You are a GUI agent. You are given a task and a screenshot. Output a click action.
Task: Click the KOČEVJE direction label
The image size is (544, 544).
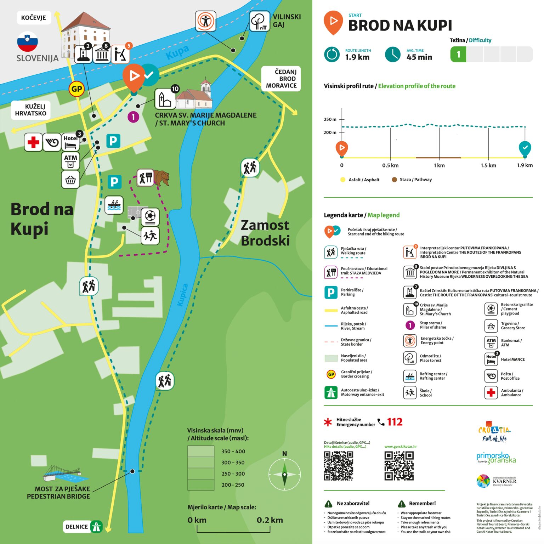[34, 18]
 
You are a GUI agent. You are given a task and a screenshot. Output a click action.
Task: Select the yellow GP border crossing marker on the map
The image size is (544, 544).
[76, 89]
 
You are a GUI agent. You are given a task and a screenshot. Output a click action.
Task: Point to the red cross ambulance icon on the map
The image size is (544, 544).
[33, 142]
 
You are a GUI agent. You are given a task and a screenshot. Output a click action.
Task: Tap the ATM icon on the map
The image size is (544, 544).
[70, 160]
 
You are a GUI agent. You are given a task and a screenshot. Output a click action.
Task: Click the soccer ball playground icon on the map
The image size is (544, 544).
[150, 216]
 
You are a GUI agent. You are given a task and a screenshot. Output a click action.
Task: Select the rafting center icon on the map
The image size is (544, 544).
[114, 205]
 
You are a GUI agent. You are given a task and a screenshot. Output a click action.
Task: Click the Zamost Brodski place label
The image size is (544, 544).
[265, 233]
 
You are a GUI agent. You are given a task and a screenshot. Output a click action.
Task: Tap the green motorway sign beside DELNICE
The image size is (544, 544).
[96, 527]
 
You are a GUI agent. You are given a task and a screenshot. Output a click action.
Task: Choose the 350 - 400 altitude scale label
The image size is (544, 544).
[233, 451]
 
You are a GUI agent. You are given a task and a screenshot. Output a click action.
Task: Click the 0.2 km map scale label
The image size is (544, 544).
[270, 520]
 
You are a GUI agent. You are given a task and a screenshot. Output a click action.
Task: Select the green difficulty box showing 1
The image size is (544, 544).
[458, 54]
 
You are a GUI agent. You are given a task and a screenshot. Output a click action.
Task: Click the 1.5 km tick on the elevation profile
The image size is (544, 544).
[488, 165]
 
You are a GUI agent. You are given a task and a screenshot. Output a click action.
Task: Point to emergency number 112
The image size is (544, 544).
[395, 422]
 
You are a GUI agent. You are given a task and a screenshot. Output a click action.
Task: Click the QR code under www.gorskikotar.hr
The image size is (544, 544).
[399, 466]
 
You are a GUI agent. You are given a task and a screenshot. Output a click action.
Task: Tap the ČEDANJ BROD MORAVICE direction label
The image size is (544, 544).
[281, 79]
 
